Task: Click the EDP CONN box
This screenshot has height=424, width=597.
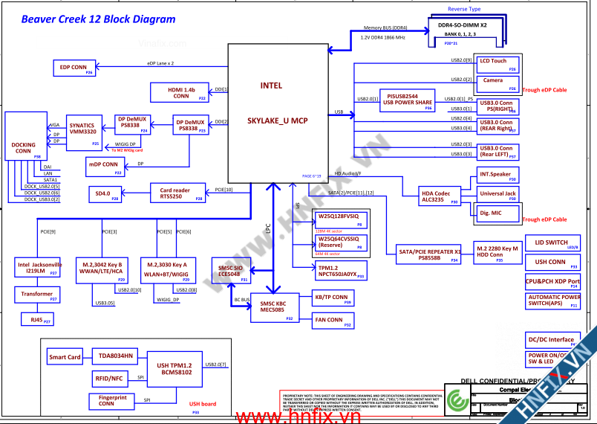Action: (75, 68)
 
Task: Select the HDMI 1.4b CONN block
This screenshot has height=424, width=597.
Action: (182, 92)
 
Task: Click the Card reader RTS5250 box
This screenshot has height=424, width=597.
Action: (176, 193)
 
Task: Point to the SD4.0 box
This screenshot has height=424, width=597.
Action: (104, 195)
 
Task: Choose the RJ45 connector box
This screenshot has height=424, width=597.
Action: (36, 319)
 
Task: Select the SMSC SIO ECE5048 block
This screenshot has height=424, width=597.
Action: (229, 272)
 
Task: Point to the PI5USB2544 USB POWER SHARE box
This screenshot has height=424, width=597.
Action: (407, 100)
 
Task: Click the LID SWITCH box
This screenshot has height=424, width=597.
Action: (552, 243)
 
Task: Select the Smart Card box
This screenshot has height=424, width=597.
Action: (65, 357)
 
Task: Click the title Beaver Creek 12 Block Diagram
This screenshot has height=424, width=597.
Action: (98, 20)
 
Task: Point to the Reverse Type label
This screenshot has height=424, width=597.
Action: (464, 9)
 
